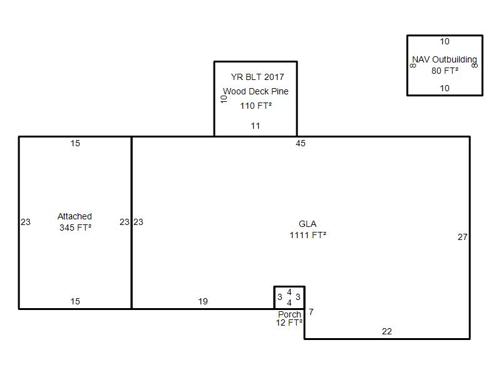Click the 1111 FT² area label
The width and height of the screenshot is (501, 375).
(307, 235)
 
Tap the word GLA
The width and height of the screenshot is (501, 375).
(307, 224)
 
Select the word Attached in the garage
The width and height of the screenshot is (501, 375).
(75, 216)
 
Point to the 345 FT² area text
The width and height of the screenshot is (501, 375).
(75, 227)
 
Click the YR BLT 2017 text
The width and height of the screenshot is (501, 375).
(257, 77)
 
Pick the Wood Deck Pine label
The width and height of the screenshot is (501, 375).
(256, 91)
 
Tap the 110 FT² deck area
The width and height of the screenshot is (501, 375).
(256, 106)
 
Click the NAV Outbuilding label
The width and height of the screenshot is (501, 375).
(445, 59)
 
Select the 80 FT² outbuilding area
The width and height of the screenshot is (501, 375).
(445, 71)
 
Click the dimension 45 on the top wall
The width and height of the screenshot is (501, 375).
(301, 143)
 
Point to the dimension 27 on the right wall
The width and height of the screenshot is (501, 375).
(462, 237)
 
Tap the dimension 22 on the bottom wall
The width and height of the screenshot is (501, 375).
(386, 331)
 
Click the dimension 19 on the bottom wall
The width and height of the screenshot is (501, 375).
(203, 301)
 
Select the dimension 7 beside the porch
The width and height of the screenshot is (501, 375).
(311, 311)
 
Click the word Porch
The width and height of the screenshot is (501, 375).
(289, 314)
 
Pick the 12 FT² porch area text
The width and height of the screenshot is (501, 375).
(289, 322)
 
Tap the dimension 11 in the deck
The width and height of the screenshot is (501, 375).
(256, 126)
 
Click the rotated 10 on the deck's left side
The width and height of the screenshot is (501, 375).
(224, 99)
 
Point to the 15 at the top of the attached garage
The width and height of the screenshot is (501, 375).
(75, 143)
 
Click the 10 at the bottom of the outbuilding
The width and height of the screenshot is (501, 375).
(445, 88)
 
